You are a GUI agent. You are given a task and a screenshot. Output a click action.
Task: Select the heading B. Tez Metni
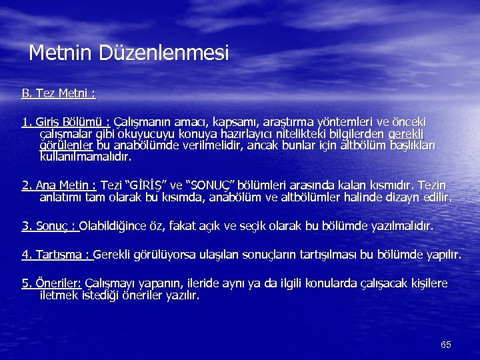[59, 94]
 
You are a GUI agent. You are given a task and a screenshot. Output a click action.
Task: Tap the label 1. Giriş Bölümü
[66, 122]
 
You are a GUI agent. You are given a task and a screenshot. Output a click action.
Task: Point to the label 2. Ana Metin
[59, 185]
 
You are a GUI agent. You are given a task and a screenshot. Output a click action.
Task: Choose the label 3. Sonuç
[50, 227]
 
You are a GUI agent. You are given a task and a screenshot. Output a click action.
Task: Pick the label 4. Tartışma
[57, 255]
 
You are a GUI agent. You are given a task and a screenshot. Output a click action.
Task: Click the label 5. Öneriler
[51, 283]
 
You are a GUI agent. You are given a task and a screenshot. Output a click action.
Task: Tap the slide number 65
[446, 345]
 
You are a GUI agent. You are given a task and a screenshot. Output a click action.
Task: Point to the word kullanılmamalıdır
[85, 158]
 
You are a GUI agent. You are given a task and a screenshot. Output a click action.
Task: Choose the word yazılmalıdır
[401, 227]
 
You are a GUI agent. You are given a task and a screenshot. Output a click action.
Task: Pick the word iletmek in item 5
[59, 295]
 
